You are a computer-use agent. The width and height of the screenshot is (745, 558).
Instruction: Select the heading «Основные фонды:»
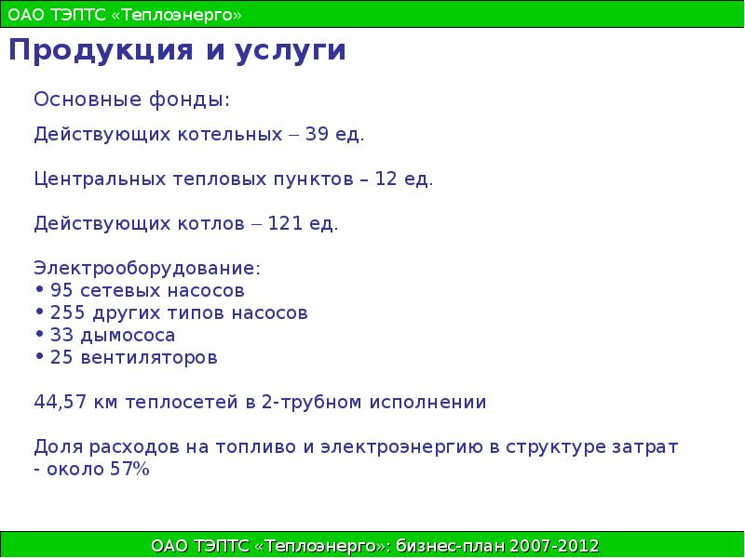[131, 99]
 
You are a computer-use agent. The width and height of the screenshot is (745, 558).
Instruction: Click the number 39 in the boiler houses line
[317, 134]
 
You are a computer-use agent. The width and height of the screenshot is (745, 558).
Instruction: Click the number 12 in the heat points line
[386, 179]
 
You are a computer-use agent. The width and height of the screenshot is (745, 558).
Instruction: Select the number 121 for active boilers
[283, 224]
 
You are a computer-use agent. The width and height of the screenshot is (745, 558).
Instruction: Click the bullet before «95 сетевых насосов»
[40, 290]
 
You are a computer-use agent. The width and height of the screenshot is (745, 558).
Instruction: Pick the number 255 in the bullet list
[68, 313]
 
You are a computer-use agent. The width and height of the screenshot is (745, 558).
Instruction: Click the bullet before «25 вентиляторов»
[40, 357]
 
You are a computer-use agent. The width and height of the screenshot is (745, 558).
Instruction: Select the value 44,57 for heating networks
[61, 404]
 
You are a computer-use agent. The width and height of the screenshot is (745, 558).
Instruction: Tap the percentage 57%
[129, 470]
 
